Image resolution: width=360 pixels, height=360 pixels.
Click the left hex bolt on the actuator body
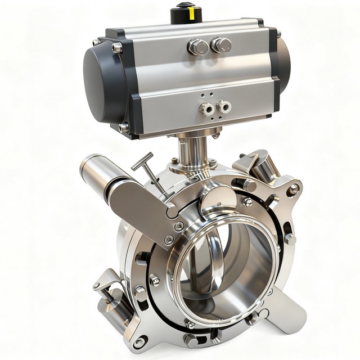[x=197, y=47]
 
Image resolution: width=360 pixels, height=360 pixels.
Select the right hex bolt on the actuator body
[x=220, y=45]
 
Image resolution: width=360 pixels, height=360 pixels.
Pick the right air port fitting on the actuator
[x=224, y=106]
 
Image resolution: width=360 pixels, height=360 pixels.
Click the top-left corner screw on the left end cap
[x=117, y=48]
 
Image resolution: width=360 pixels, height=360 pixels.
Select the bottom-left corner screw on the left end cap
[x=124, y=128]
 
